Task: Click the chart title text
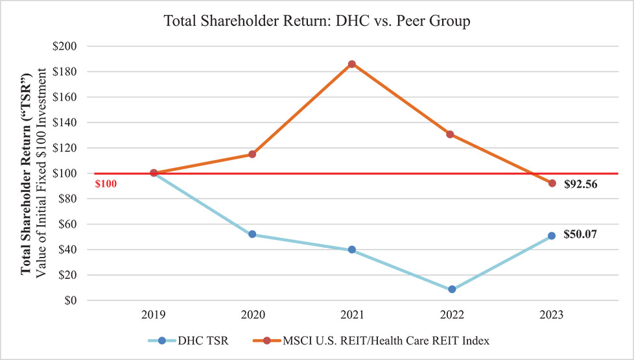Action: (x=317, y=20)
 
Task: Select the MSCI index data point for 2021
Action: (x=352, y=64)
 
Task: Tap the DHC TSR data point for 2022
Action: (x=452, y=289)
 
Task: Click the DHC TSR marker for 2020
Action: (x=252, y=234)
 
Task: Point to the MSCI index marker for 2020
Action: (x=252, y=154)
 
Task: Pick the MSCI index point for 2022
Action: (x=452, y=134)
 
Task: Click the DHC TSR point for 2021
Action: (x=352, y=250)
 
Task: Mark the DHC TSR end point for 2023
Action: (x=552, y=236)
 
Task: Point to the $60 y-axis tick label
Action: (x=68, y=224)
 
